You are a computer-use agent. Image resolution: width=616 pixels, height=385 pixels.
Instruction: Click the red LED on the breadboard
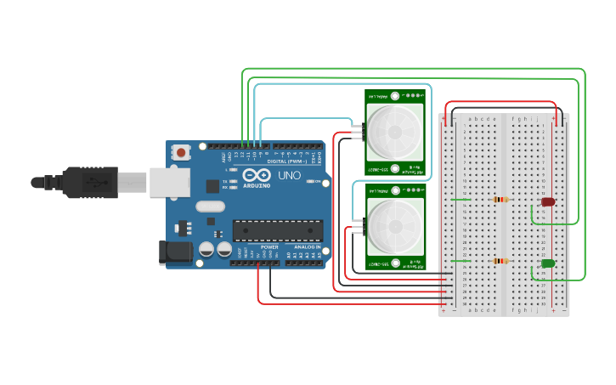click(548, 202)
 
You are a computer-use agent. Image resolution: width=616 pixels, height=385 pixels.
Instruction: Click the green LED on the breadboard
click(548, 263)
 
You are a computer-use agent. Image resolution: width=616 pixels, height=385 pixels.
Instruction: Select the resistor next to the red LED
click(500, 201)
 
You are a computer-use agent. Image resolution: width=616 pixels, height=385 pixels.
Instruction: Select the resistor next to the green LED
click(500, 261)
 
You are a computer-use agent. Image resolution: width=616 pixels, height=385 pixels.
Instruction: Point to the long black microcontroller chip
click(278, 230)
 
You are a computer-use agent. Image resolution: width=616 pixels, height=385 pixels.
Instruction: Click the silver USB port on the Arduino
click(168, 181)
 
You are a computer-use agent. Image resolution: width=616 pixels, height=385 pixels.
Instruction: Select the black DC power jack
click(175, 252)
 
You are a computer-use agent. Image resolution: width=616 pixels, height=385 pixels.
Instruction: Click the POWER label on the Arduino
click(269, 246)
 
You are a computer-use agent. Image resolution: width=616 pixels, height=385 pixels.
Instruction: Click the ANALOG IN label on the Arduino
click(307, 246)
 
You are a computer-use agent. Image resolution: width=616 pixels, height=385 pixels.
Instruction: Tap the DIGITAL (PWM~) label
click(286, 160)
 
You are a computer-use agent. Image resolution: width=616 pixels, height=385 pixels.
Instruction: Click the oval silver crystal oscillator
click(210, 206)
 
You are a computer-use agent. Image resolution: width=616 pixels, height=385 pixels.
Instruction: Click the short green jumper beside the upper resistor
click(459, 200)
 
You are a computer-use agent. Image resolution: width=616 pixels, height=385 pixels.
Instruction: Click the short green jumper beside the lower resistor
click(459, 261)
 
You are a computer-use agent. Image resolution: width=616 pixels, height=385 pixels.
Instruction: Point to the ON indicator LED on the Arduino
click(324, 182)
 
